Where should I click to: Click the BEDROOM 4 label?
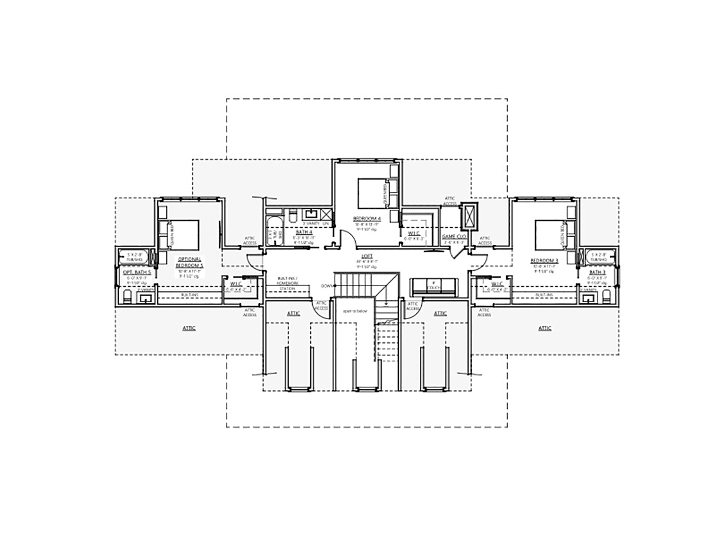(366, 218)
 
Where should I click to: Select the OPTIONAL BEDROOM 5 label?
(189, 263)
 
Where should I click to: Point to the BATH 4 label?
(303, 232)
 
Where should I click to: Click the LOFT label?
(366, 256)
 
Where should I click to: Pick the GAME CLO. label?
(454, 236)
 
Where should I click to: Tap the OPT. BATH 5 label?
(137, 273)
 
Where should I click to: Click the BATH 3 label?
(596, 272)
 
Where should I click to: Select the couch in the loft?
(434, 286)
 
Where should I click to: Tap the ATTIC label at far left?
(189, 327)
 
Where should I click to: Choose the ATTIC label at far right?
(545, 327)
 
